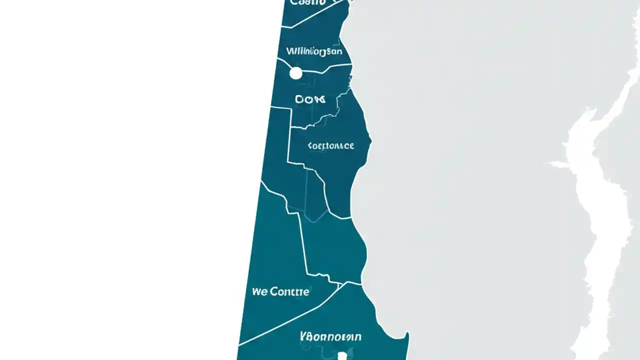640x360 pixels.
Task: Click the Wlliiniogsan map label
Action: (314, 51)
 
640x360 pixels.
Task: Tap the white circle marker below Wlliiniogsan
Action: (296, 73)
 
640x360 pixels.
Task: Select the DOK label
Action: (310, 99)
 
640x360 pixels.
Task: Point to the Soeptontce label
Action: (331, 146)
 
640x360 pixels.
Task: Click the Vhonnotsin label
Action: (330, 336)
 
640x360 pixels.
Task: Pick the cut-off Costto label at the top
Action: (307, 2)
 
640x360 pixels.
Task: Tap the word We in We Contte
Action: (259, 291)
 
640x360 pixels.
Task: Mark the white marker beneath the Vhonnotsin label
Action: (342, 355)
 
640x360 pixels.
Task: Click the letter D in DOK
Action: (299, 99)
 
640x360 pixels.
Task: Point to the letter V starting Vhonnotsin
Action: (303, 336)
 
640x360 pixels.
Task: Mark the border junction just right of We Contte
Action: (340, 285)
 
